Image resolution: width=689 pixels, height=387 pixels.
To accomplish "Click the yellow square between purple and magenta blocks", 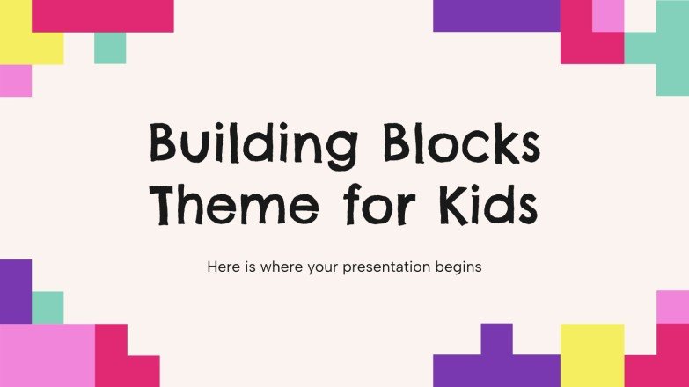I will [x=591, y=354].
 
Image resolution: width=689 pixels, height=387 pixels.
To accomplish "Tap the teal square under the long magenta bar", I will [x=110, y=47].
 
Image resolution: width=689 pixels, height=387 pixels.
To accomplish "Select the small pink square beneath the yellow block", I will [x=16, y=80].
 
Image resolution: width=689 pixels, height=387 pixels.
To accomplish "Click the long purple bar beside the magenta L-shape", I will [x=496, y=15].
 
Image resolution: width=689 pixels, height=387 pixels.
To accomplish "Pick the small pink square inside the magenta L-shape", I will [x=608, y=15].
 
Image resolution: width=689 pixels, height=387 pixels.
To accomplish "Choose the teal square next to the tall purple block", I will [x=48, y=307].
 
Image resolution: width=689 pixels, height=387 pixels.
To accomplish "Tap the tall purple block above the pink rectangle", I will [x=15, y=290].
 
